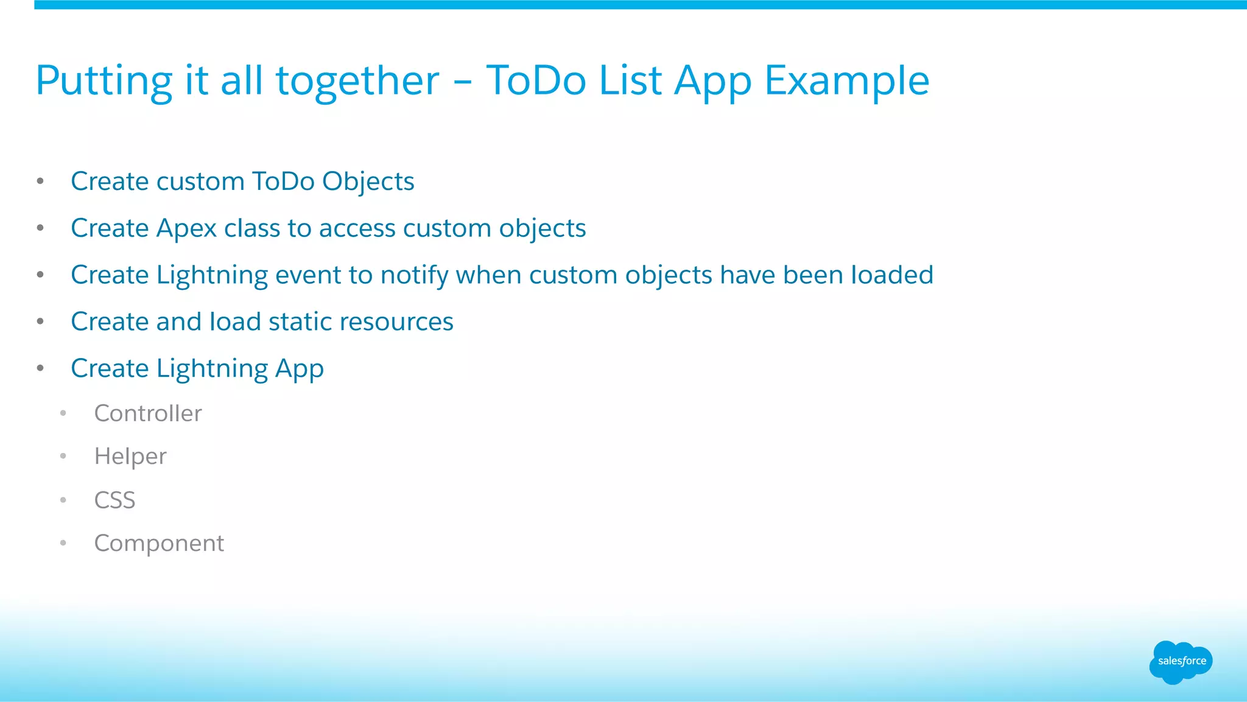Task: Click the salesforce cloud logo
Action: click(1181, 662)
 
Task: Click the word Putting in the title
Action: click(104, 81)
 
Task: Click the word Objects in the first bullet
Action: click(368, 181)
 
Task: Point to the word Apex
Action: click(186, 228)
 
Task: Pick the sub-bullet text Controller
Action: click(148, 413)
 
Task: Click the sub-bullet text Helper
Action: click(130, 457)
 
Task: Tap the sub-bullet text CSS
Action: click(114, 500)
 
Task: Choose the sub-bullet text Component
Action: click(159, 543)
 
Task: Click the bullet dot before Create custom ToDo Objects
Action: click(40, 181)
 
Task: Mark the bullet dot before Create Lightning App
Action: click(40, 368)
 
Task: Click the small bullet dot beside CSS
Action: click(63, 500)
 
